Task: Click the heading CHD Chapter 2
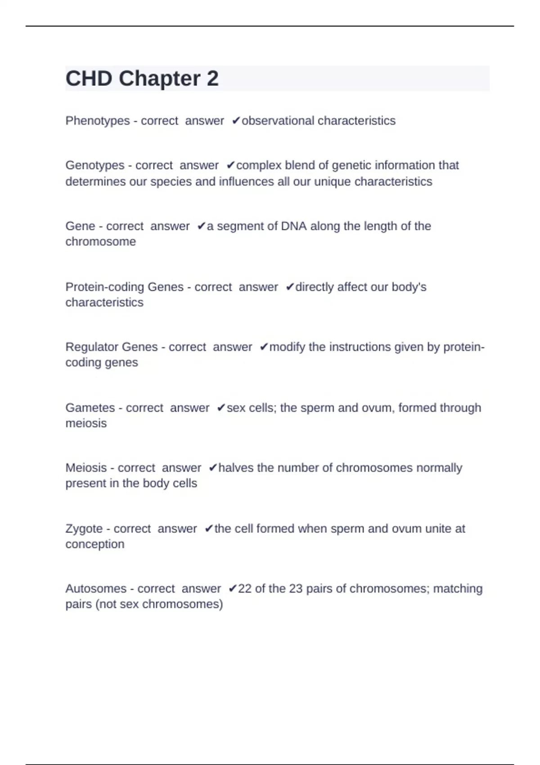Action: [x=142, y=79]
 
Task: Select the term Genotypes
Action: [x=94, y=166]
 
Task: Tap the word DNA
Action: [x=293, y=226]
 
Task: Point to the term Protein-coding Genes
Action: [x=124, y=287]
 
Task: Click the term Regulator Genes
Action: [x=112, y=347]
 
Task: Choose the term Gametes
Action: [x=90, y=408]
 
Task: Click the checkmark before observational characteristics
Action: [x=236, y=121]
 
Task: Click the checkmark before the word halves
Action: [x=213, y=468]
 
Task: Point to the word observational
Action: [x=278, y=121]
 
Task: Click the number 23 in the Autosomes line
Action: [x=296, y=589]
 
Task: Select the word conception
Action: [x=94, y=544]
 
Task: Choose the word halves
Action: [x=236, y=468]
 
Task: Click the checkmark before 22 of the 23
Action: [x=232, y=589]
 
